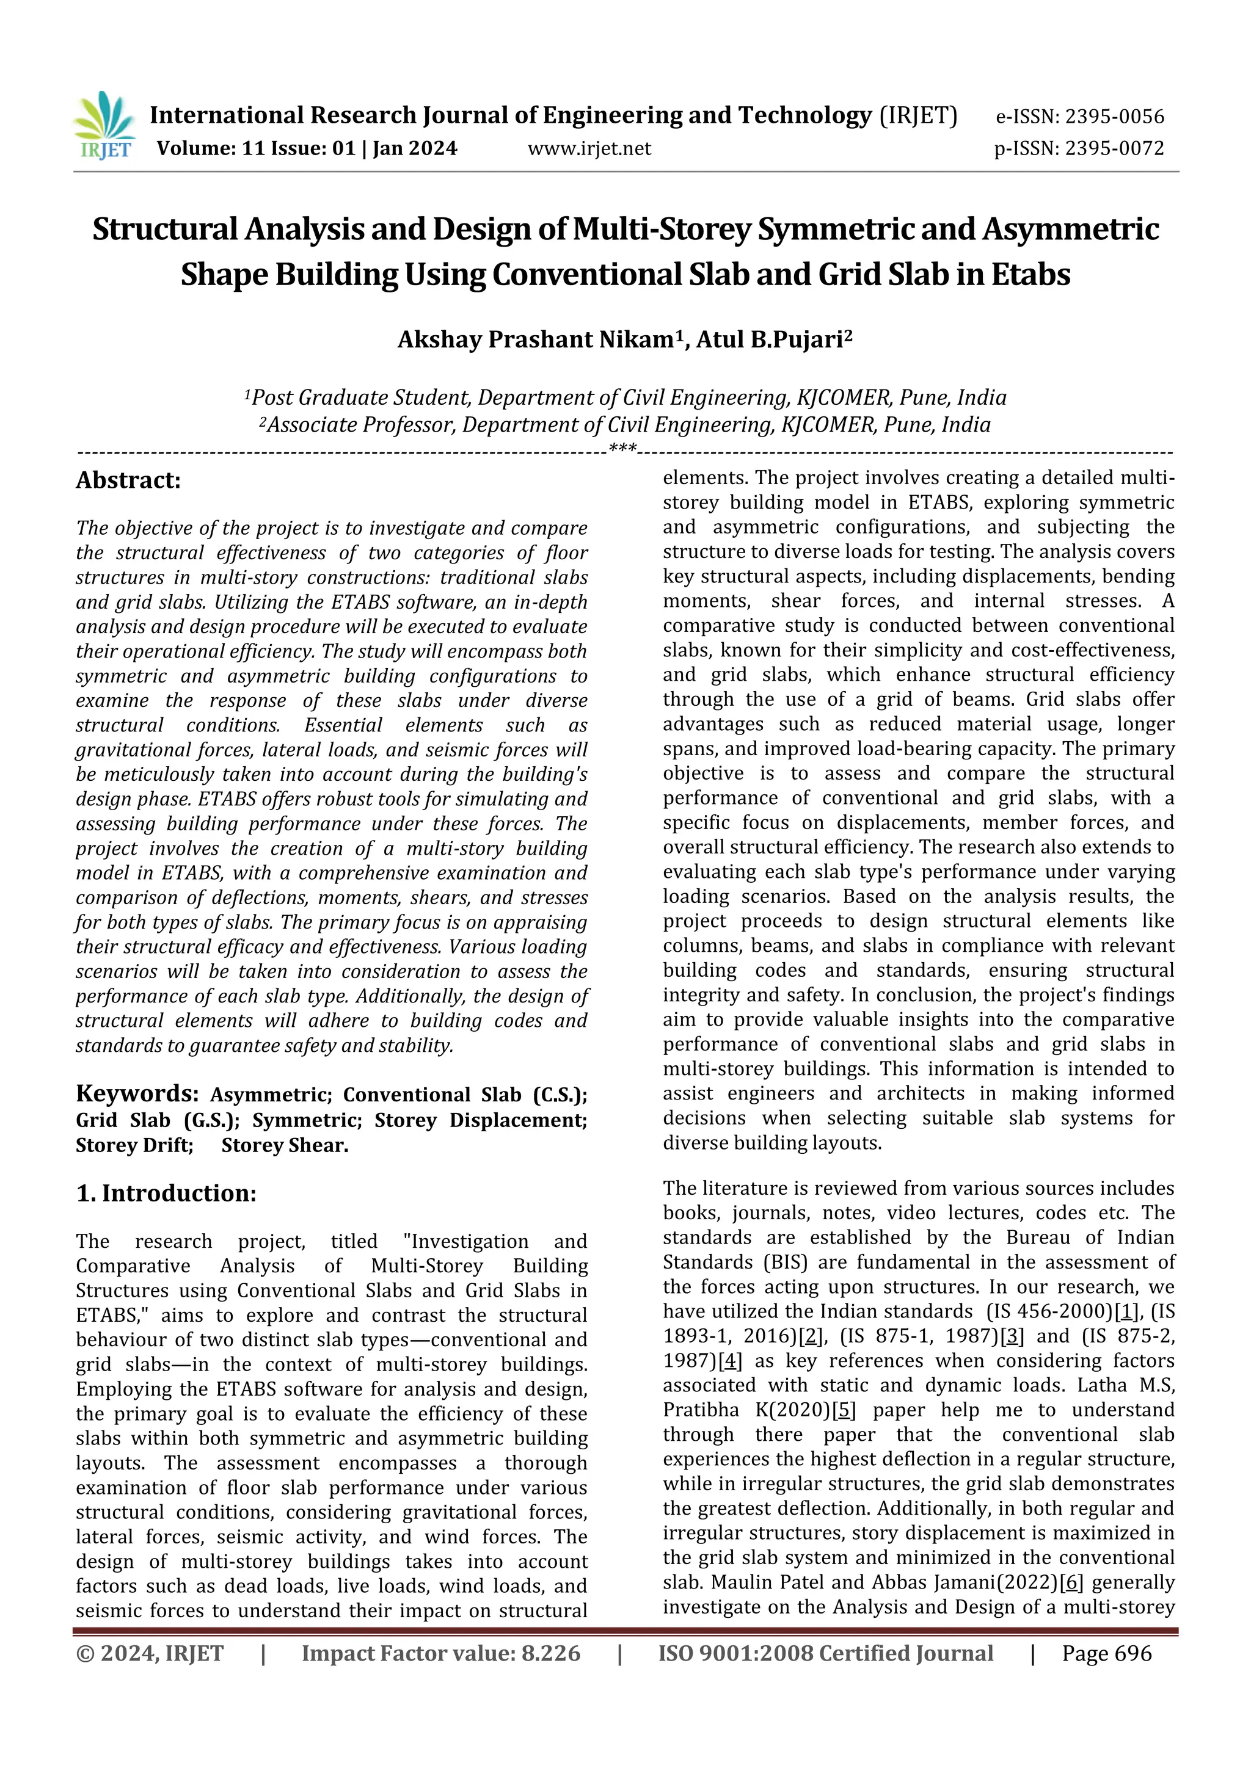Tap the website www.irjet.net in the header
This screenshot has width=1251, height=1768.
click(x=589, y=148)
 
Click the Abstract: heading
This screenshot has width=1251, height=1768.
click(x=128, y=480)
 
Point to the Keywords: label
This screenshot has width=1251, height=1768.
click(x=137, y=1093)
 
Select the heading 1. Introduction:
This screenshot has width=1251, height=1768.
click(x=166, y=1193)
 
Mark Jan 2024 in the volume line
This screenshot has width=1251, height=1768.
click(x=415, y=148)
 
